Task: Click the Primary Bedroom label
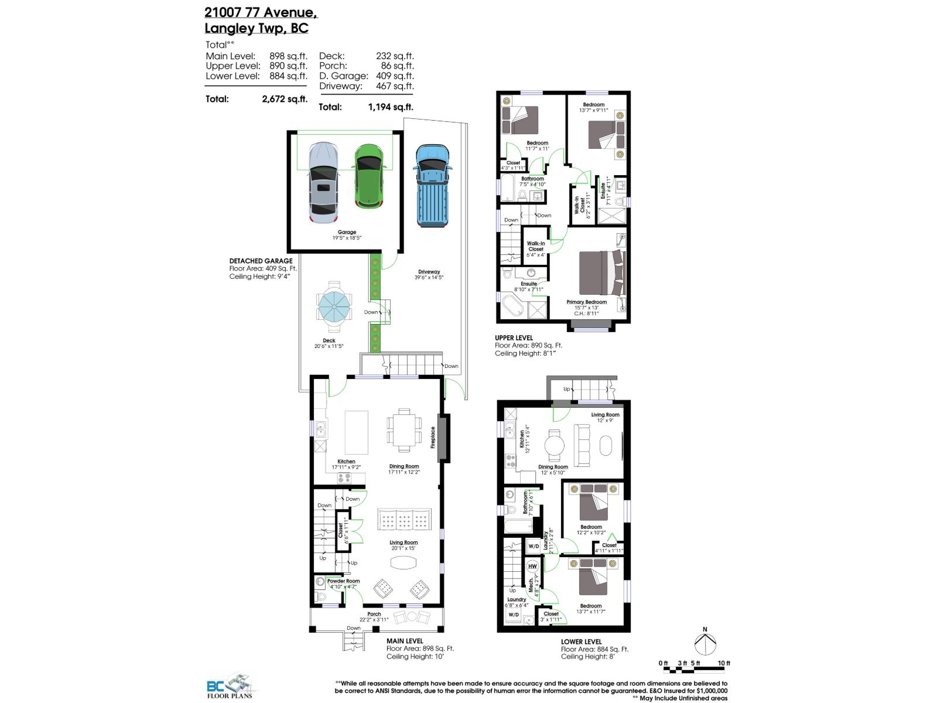coord(586,302)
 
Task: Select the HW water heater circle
coord(532,567)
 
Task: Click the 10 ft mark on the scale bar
coord(724,664)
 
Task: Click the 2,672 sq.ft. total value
coord(284,99)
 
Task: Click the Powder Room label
coord(344,581)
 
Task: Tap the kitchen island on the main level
coord(357,432)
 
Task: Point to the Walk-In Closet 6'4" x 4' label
coord(536,249)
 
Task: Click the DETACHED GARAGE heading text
coord(261,261)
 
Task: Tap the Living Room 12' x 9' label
coord(605,415)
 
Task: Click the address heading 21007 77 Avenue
coord(261,12)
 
